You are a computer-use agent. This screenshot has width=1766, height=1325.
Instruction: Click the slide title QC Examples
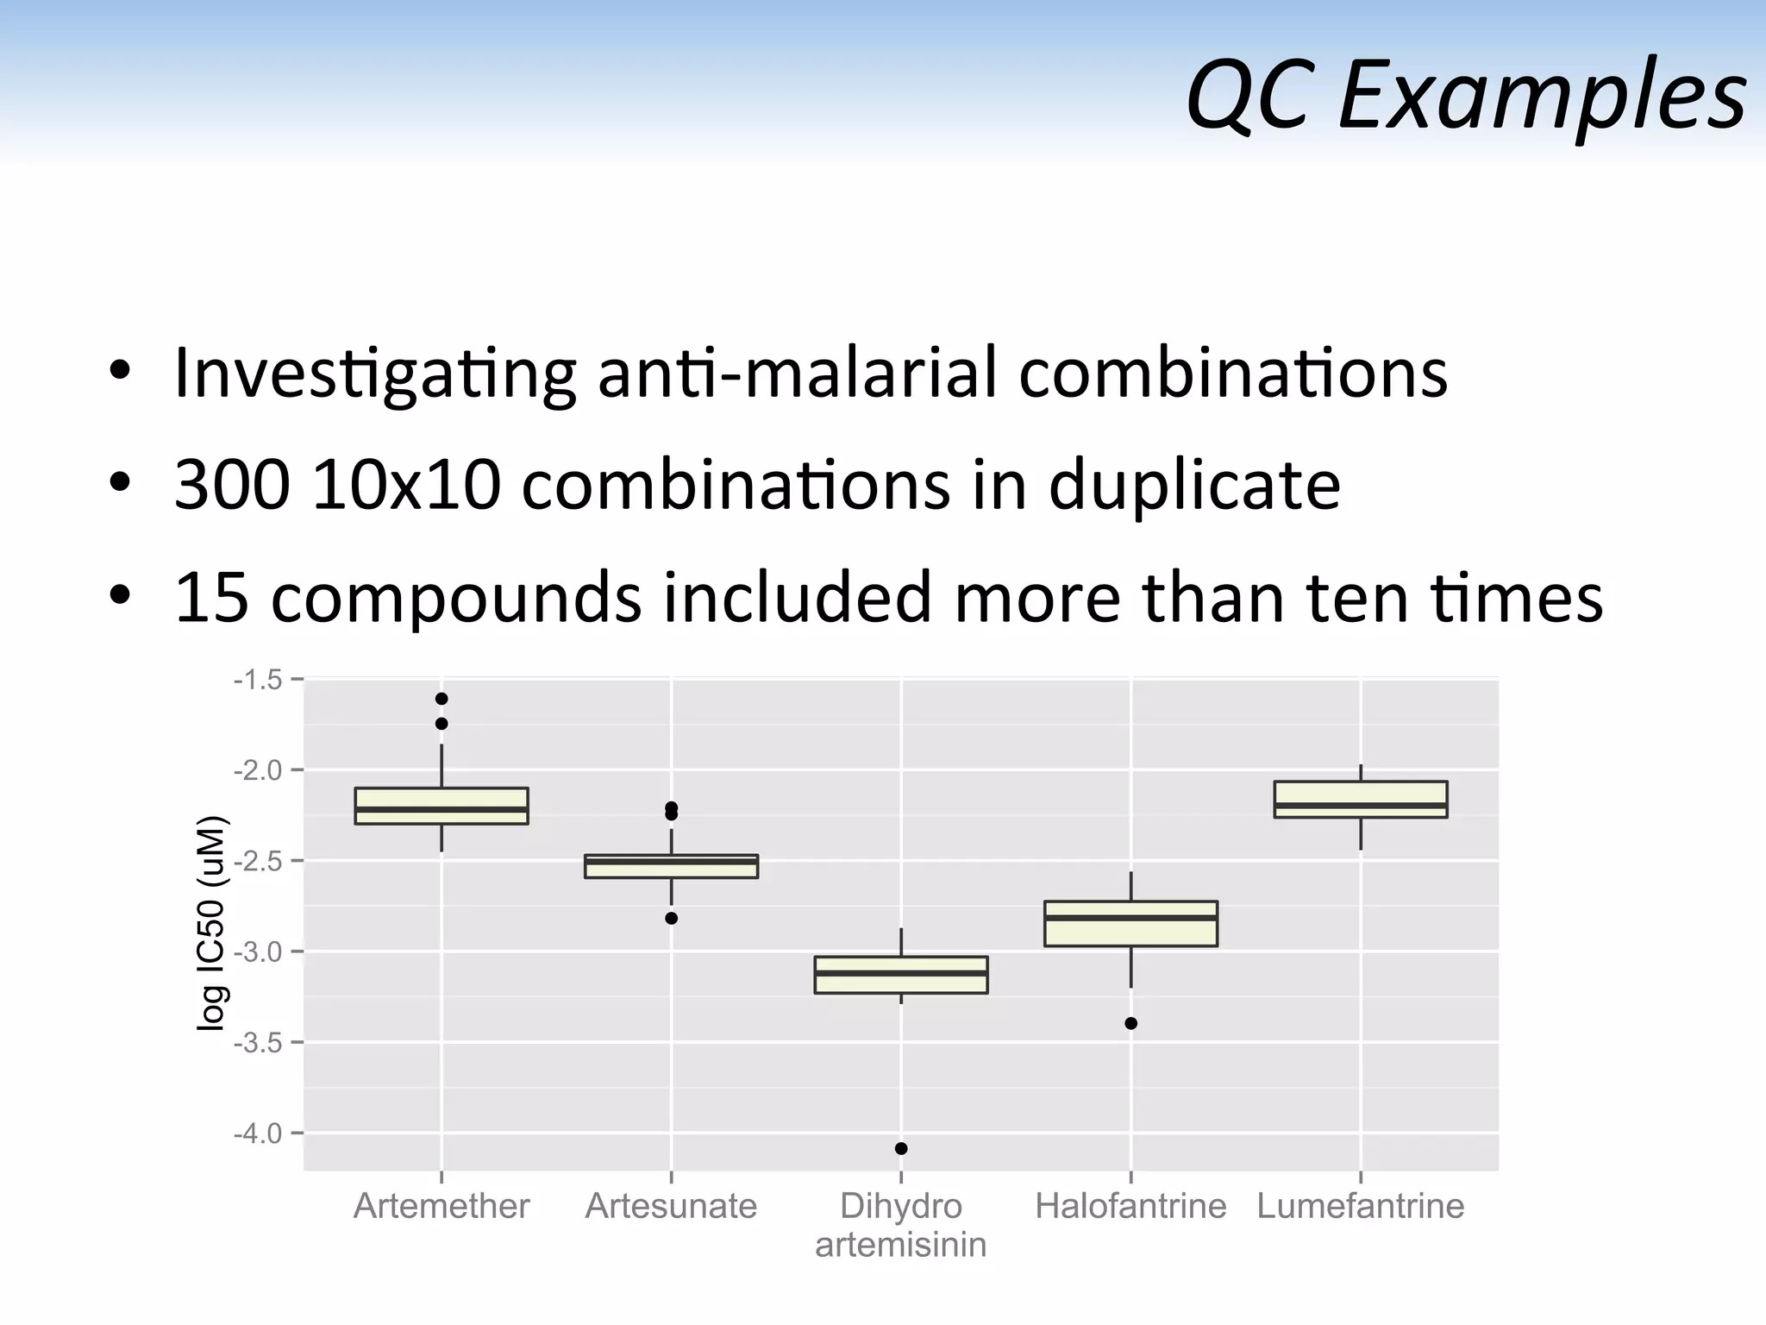[x=1466, y=95]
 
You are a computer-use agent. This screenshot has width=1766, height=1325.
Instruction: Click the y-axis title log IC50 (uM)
[x=211, y=923]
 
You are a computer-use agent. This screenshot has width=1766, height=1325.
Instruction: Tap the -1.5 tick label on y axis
[x=258, y=680]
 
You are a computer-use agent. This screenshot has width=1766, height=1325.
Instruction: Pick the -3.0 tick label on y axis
[x=258, y=951]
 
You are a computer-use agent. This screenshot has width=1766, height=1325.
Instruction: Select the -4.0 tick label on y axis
[x=258, y=1133]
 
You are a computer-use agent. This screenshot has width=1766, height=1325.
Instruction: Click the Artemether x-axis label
[x=441, y=1206]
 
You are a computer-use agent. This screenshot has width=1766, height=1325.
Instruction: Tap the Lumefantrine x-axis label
[x=1360, y=1206]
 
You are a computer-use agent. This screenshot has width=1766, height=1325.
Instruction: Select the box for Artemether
[x=441, y=806]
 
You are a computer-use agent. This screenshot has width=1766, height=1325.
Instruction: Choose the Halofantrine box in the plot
[x=1130, y=924]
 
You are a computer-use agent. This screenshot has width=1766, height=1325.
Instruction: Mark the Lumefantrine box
[x=1360, y=799]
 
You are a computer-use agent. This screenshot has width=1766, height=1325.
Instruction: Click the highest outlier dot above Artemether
[x=441, y=699]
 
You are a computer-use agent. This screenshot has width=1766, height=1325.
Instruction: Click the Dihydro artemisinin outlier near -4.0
[x=901, y=1148]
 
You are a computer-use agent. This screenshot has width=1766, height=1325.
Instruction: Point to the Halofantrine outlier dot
[x=1130, y=1024]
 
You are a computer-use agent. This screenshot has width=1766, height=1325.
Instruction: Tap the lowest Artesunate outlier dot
[x=671, y=919]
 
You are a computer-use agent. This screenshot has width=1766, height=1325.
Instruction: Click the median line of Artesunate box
[x=671, y=862]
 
